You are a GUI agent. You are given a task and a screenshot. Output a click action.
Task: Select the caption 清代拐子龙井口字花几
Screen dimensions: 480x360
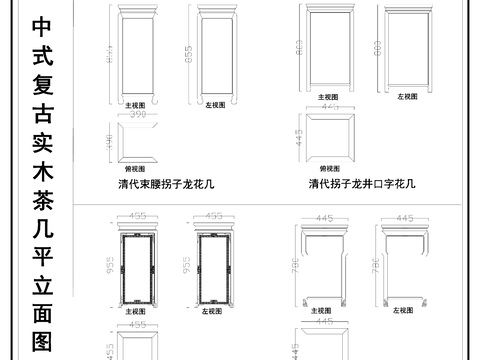point(361,185)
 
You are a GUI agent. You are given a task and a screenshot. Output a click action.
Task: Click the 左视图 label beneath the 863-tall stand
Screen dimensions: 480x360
point(406,97)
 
